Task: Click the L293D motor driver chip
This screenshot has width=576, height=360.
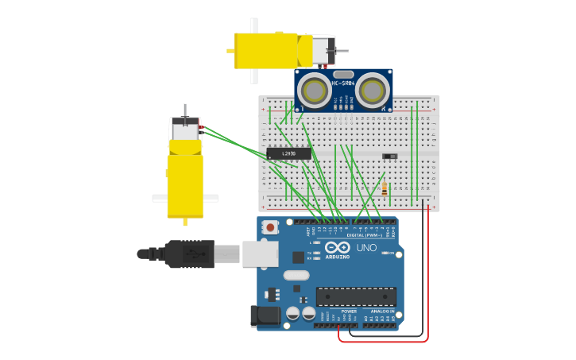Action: pyautogui.click(x=288, y=153)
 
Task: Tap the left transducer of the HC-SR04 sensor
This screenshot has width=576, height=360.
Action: pyautogui.click(x=315, y=91)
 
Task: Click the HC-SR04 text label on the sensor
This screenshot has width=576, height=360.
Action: pyautogui.click(x=342, y=83)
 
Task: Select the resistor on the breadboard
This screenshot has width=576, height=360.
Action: pyautogui.click(x=385, y=188)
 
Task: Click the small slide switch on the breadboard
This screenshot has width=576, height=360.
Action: pyautogui.click(x=389, y=156)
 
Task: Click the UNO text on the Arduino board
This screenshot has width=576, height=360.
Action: pyautogui.click(x=366, y=247)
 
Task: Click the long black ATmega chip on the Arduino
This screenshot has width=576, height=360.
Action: pyautogui.click(x=356, y=296)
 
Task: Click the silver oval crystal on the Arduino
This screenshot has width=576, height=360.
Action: pyautogui.click(x=296, y=275)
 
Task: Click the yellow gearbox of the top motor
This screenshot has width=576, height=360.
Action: pyautogui.click(x=265, y=50)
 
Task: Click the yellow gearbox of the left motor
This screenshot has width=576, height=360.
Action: pyautogui.click(x=185, y=184)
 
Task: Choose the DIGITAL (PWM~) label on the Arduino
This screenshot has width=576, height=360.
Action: pyautogui.click(x=365, y=235)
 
